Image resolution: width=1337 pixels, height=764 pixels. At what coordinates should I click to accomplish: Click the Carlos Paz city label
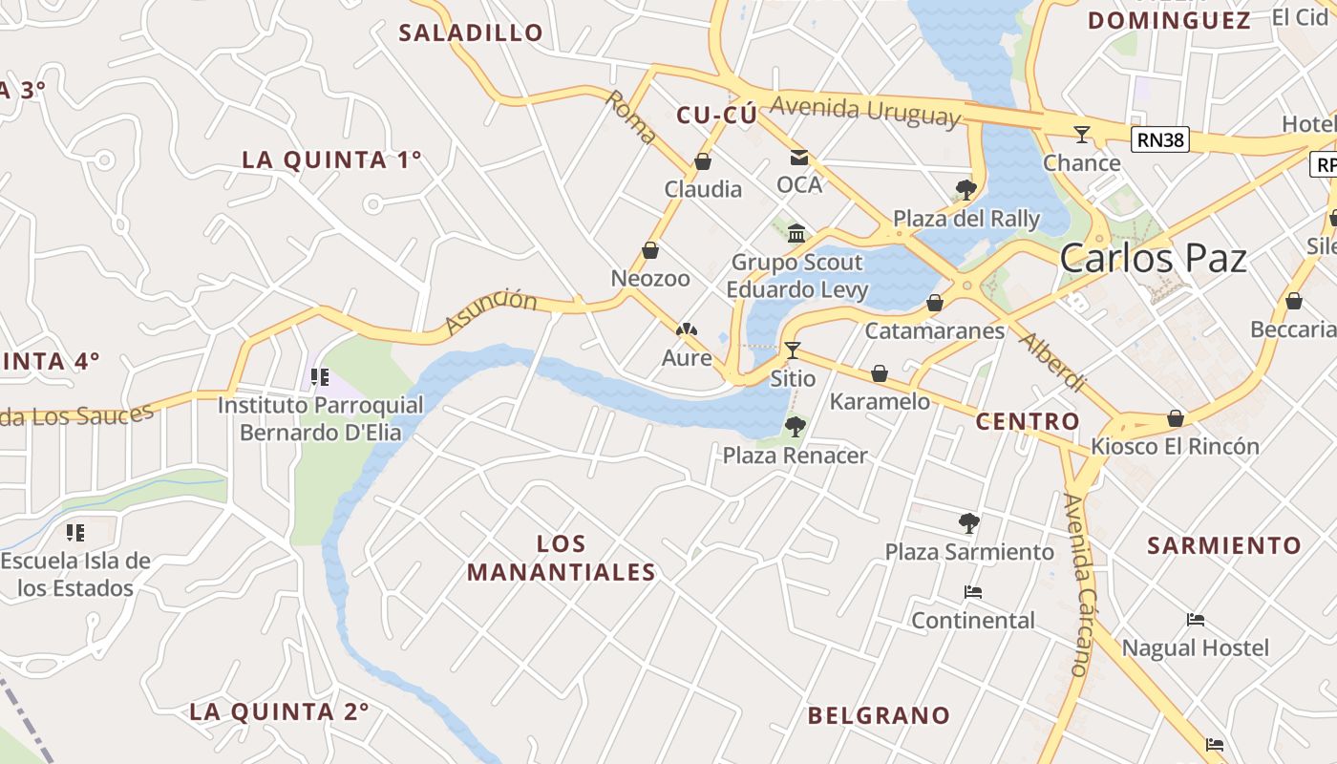pos(1153,259)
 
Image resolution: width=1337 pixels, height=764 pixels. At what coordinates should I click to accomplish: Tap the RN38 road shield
pos(1160,140)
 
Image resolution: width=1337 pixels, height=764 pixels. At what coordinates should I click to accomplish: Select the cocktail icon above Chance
pos(1081,135)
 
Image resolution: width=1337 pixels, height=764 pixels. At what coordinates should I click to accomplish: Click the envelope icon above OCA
pos(798,158)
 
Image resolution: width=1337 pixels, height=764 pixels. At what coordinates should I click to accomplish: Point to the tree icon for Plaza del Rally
pos(966,189)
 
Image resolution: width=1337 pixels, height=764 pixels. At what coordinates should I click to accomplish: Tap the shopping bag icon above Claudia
pos(703,161)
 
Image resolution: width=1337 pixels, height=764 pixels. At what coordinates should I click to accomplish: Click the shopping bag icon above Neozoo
pos(650,250)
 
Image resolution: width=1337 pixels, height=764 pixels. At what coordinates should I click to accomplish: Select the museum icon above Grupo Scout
pos(796,233)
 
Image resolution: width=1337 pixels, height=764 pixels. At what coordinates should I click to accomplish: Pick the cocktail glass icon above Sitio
pos(793,350)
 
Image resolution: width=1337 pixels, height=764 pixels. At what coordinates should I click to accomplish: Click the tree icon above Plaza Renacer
pos(795,426)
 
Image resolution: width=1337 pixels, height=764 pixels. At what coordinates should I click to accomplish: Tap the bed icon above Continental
pos(972,592)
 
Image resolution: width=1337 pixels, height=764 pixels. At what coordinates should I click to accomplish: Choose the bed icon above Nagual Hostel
pos(1195,620)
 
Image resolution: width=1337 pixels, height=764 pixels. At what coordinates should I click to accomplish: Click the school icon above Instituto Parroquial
pos(320,377)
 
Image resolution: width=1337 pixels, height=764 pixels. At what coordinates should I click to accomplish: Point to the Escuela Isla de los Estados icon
pos(75,532)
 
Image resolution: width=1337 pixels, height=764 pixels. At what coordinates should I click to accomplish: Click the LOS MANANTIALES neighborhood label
pos(562,558)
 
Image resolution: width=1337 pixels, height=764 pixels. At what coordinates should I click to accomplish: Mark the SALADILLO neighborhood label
pos(471,32)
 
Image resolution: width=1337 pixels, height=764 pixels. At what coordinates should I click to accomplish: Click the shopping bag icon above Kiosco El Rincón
pos(1175,418)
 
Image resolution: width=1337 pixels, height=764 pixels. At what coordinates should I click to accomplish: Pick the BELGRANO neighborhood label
pos(879,715)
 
